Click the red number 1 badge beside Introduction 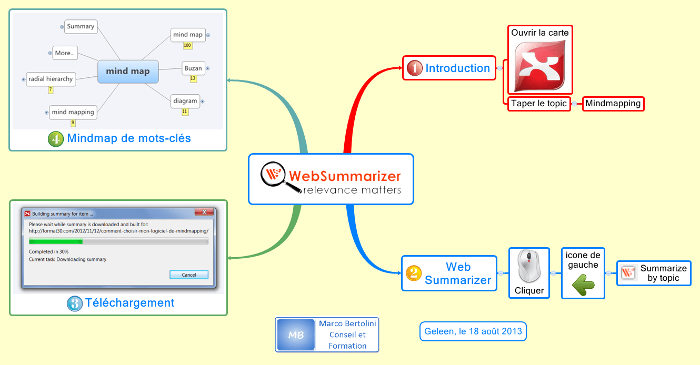[x=415, y=68]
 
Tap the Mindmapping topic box [x=613, y=104]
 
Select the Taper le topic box [x=538, y=104]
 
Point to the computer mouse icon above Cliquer [x=529, y=267]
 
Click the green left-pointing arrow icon [x=583, y=285]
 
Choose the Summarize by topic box [x=654, y=273]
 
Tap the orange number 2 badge [x=414, y=273]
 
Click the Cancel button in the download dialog [x=189, y=275]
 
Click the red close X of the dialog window [x=203, y=213]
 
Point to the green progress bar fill [x=56, y=241]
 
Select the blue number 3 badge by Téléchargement [x=75, y=303]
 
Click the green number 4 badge [x=56, y=139]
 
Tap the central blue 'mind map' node [x=128, y=72]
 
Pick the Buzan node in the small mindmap [x=193, y=68]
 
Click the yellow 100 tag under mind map [x=187, y=46]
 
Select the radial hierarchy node [x=51, y=79]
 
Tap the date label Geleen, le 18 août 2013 [x=473, y=331]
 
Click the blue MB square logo [x=295, y=334]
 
